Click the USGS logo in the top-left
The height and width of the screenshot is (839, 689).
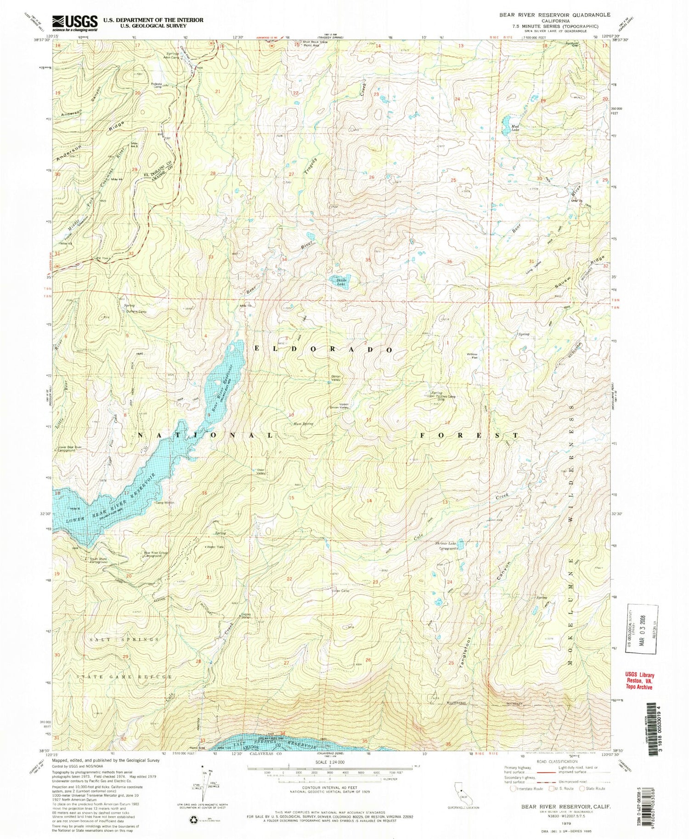[75, 23]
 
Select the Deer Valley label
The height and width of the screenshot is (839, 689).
[261, 471]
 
